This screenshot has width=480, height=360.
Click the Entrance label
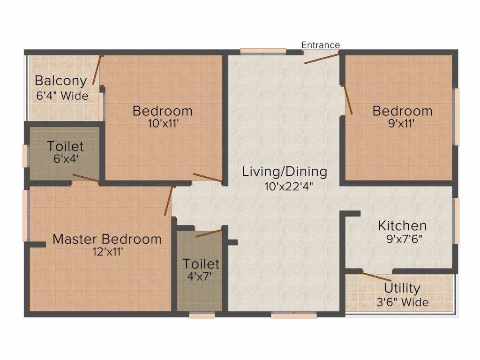coord(321,45)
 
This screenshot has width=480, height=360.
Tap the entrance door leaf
coord(322,58)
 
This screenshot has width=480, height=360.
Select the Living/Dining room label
coord(285,172)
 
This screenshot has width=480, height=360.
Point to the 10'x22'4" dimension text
coord(289,186)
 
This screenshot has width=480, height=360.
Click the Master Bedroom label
coord(107,239)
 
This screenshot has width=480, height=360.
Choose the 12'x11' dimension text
coord(108,252)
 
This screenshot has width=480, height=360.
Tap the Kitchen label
coord(402,226)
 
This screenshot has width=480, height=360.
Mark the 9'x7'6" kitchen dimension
coord(404,239)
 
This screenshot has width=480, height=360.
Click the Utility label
coord(402,288)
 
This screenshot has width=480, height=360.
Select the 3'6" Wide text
coord(402,302)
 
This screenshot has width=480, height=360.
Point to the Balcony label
coord(60,81)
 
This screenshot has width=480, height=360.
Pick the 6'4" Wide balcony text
coord(62,96)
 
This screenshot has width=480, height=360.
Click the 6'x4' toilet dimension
coord(66,159)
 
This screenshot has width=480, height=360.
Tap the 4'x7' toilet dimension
coord(200,277)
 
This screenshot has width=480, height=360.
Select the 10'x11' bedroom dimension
coord(163,124)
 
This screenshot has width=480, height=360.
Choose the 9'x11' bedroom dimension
coord(401,124)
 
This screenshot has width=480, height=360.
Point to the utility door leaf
coord(377,276)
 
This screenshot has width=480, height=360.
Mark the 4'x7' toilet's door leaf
coord(209,233)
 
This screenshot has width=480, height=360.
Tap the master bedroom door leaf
coord(168,201)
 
